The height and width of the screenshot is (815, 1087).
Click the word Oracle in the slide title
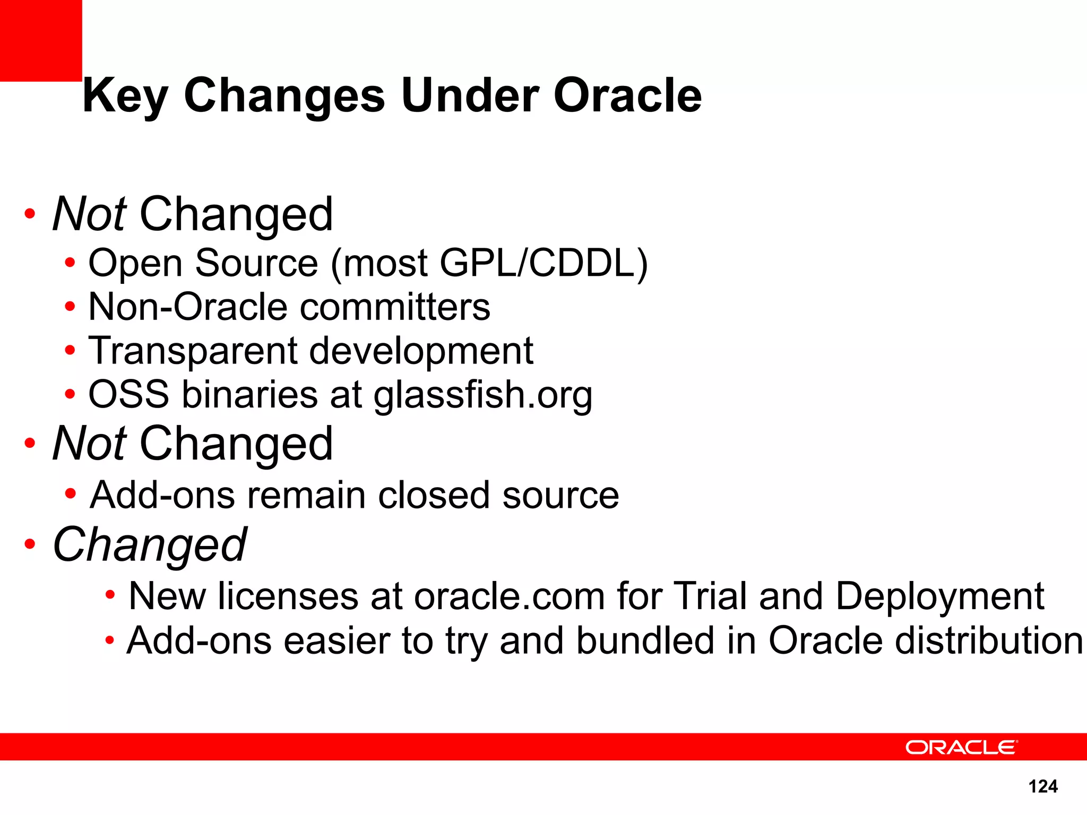[x=627, y=96]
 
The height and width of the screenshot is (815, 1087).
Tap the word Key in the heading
[x=125, y=97]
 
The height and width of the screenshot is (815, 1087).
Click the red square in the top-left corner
[x=40, y=40]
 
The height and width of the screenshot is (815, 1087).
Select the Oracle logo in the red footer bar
[x=961, y=747]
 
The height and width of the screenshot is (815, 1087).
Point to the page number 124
[x=1042, y=786]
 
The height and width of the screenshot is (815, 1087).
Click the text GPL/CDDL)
[x=543, y=263]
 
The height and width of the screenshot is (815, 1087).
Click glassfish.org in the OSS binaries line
[x=482, y=395]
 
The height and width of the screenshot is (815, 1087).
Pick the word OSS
[x=128, y=394]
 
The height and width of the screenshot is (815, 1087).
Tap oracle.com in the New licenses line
[x=509, y=596]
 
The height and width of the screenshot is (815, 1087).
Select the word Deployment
[x=939, y=597]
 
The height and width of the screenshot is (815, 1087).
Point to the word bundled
[x=645, y=640]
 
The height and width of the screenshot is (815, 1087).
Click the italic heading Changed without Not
[x=150, y=545]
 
